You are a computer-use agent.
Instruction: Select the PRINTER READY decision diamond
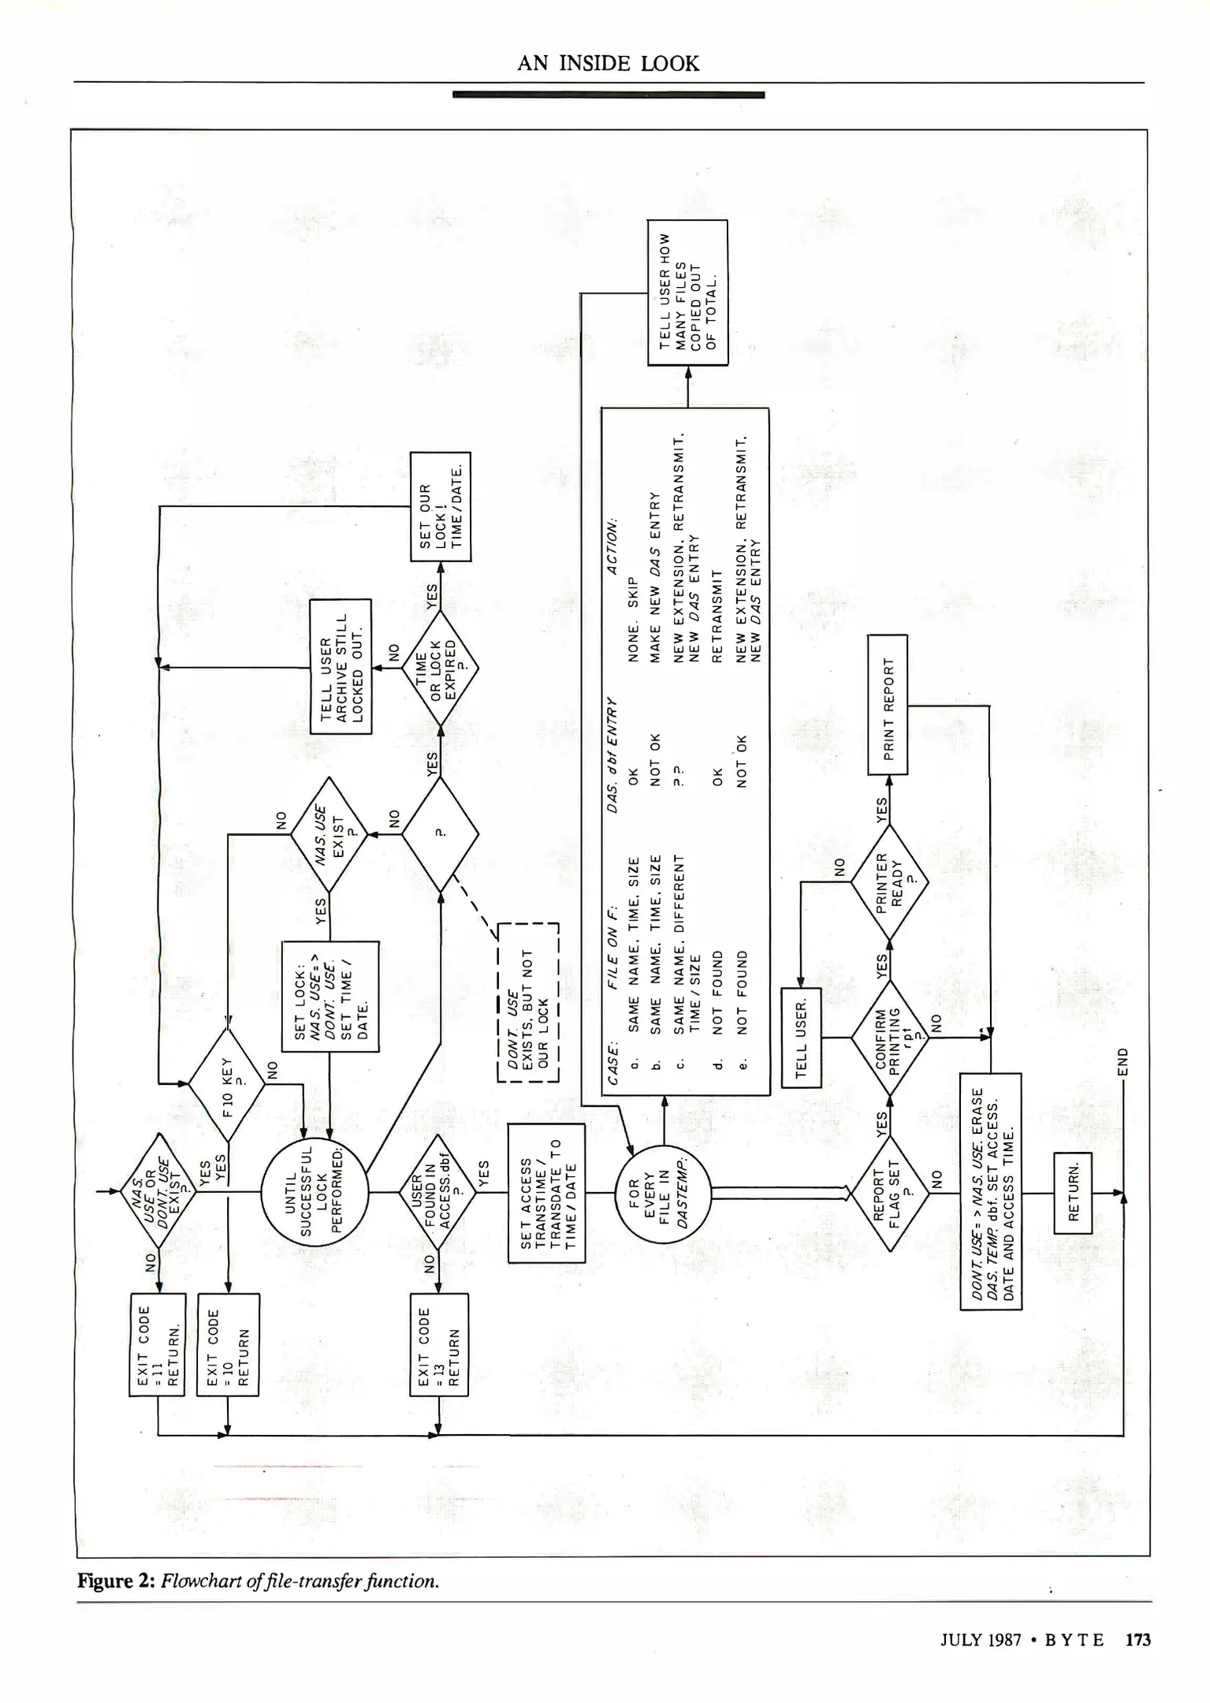889,881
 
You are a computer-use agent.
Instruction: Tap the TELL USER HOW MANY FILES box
687,293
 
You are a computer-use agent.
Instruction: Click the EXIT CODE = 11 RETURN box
157,1344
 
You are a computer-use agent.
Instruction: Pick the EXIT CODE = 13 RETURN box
439,1344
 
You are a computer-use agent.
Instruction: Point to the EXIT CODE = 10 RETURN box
228,1344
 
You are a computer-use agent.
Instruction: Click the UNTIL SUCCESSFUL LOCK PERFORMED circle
315,1191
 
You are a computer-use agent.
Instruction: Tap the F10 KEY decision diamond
227,1085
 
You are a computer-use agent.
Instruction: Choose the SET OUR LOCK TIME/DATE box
441,506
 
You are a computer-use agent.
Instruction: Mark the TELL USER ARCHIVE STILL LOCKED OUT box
341,666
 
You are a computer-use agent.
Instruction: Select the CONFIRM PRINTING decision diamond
889,1038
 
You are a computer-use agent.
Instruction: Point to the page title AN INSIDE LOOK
608,64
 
